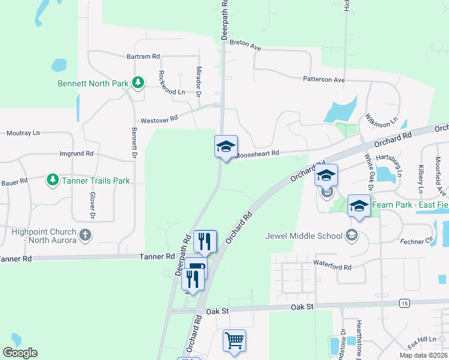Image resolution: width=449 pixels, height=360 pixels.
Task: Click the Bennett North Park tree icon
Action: pyautogui.click(x=138, y=83)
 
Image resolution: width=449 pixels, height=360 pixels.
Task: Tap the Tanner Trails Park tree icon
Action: pyautogui.click(x=53, y=179)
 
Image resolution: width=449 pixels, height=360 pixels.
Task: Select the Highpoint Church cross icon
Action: pyautogui.click(x=85, y=235)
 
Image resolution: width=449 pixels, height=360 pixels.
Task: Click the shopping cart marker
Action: pyautogui.click(x=234, y=340)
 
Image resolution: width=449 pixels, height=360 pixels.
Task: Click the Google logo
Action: pyautogui.click(x=20, y=353)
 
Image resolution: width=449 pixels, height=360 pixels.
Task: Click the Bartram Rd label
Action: pyautogui.click(x=143, y=56)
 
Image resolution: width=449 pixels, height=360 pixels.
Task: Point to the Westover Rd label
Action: pyautogui.click(x=159, y=119)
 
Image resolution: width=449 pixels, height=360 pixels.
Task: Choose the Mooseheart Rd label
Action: pyautogui.click(x=258, y=154)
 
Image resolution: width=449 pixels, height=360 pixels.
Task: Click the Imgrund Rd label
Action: pyautogui.click(x=77, y=154)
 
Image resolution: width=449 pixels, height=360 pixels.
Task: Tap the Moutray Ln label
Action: pyautogui.click(x=23, y=133)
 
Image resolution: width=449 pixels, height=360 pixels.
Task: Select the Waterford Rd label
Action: pyautogui.click(x=332, y=265)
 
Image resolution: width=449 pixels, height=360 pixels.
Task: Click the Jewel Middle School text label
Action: pyautogui.click(x=304, y=235)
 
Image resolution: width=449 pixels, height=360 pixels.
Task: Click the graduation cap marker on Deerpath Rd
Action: pyautogui.click(x=226, y=146)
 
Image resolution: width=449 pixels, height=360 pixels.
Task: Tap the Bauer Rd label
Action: pyautogui.click(x=14, y=181)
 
